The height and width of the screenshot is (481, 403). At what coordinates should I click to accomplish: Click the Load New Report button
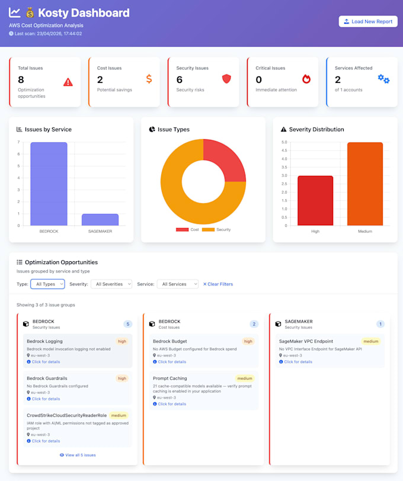pyautogui.click(x=368, y=21)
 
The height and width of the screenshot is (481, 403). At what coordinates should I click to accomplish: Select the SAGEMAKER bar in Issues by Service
pyautogui.click(x=100, y=220)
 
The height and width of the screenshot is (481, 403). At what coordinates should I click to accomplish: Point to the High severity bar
pyautogui.click(x=315, y=201)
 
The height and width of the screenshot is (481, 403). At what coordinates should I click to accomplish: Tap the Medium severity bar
pyautogui.click(x=365, y=184)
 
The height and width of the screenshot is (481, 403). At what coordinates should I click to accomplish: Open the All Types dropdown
pyautogui.click(x=47, y=284)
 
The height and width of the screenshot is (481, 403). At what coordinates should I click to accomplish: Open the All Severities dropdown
pyautogui.click(x=111, y=284)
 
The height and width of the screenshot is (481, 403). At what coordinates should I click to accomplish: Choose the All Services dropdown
pyautogui.click(x=178, y=284)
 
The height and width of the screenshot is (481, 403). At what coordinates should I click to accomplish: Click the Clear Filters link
pyautogui.click(x=218, y=284)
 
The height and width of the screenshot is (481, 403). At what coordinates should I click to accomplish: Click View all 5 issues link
pyautogui.click(x=78, y=455)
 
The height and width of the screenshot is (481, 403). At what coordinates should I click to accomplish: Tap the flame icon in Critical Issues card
pyautogui.click(x=306, y=79)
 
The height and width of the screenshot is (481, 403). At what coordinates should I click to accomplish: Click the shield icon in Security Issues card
pyautogui.click(x=226, y=79)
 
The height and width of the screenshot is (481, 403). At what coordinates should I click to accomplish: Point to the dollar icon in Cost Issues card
pyautogui.click(x=149, y=79)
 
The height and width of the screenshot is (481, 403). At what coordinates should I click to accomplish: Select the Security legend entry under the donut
pyautogui.click(x=216, y=229)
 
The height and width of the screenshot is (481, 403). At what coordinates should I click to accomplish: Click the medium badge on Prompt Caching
pyautogui.click(x=245, y=379)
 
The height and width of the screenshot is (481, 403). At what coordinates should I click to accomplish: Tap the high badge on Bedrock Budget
pyautogui.click(x=248, y=341)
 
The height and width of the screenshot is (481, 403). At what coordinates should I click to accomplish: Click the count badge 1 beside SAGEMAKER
pyautogui.click(x=380, y=324)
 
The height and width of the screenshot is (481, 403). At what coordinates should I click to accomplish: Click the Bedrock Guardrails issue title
pyautogui.click(x=47, y=379)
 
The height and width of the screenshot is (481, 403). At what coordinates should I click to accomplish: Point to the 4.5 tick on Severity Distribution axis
pyautogui.click(x=284, y=150)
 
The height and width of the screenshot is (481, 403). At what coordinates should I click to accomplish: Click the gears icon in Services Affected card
pyautogui.click(x=383, y=79)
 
